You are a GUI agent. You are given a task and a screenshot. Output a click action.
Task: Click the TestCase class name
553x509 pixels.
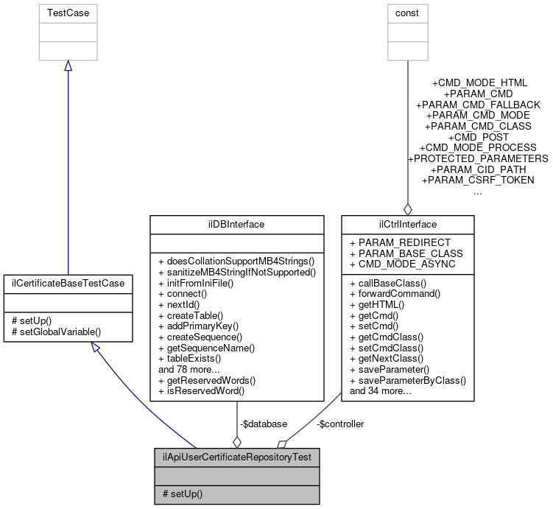click(x=67, y=13)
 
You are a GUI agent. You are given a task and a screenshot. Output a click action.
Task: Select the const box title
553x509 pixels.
click(x=407, y=13)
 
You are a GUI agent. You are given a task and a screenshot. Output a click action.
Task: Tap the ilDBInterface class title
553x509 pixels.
click(x=236, y=224)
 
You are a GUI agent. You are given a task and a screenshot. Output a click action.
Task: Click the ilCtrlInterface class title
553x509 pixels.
click(x=407, y=224)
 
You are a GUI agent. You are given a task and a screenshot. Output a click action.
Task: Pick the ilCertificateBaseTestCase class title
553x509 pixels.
click(x=68, y=282)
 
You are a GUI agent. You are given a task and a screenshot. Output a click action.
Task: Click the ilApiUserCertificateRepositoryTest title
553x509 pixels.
click(x=236, y=457)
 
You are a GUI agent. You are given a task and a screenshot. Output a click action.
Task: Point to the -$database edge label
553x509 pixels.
click(x=263, y=424)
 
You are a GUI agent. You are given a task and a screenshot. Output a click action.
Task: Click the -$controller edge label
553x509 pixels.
click(x=339, y=424)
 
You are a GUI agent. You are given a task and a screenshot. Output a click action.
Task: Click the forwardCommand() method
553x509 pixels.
click(x=399, y=292)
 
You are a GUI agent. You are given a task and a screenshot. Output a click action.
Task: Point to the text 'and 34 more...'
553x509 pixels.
click(x=380, y=391)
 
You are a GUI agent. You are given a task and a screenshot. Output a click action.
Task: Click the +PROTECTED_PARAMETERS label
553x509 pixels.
click(x=477, y=158)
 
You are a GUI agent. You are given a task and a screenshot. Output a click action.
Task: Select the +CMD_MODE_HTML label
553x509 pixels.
click(x=479, y=83)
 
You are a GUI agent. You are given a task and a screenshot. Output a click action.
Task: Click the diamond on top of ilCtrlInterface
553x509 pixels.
click(x=407, y=208)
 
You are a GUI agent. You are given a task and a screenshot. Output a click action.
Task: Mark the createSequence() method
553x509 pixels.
click(x=200, y=336)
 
